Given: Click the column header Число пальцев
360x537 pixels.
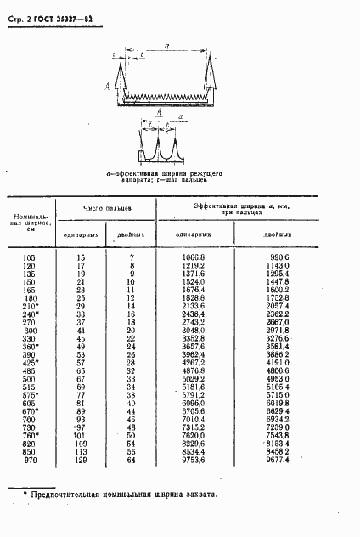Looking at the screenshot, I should (107, 206).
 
